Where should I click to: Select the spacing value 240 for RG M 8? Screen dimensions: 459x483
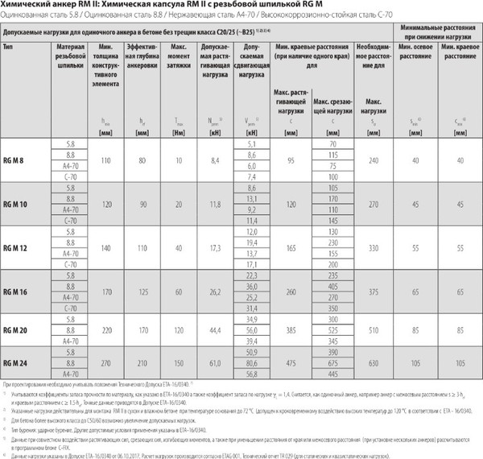[371, 161]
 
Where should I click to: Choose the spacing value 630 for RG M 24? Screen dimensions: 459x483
[371, 362]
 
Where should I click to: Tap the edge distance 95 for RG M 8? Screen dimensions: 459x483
[291, 161]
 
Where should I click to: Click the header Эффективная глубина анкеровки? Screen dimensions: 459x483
[141, 58]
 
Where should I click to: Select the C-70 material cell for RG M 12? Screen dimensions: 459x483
[71, 263]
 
